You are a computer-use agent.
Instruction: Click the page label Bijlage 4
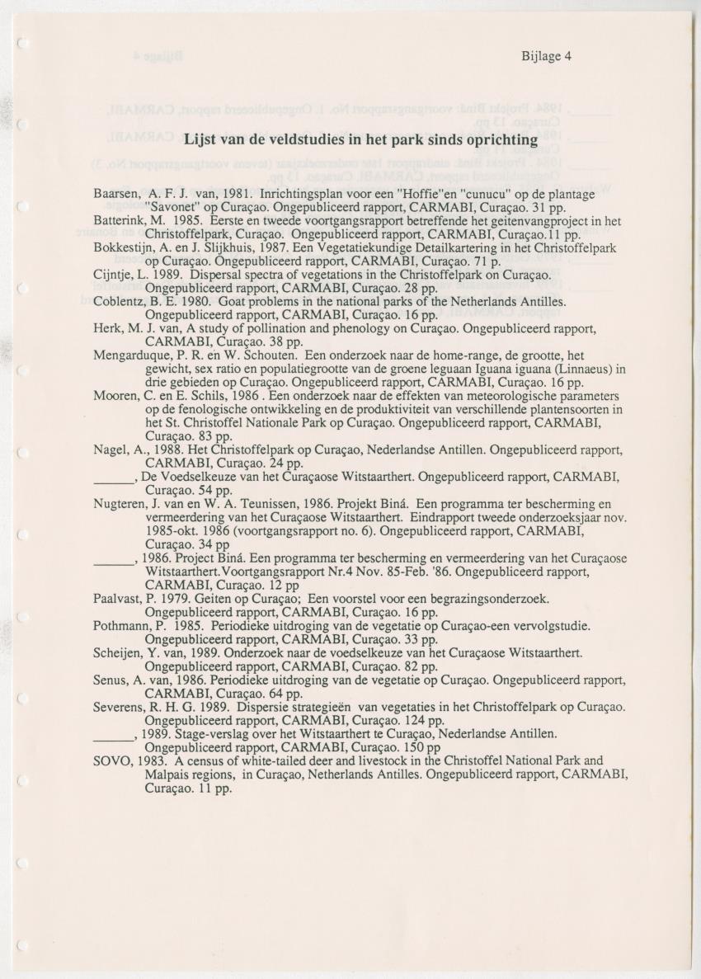(x=546, y=57)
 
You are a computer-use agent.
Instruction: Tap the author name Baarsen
(x=115, y=194)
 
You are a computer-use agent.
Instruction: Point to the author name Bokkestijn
(x=123, y=248)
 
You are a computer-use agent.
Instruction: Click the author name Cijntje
(x=114, y=275)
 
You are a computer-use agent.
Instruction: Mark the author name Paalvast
(x=119, y=598)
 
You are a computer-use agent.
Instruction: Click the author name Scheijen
(x=119, y=652)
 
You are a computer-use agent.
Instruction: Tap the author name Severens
(x=119, y=707)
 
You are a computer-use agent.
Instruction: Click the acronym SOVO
(x=111, y=760)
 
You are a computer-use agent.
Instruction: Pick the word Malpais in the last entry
(x=168, y=774)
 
